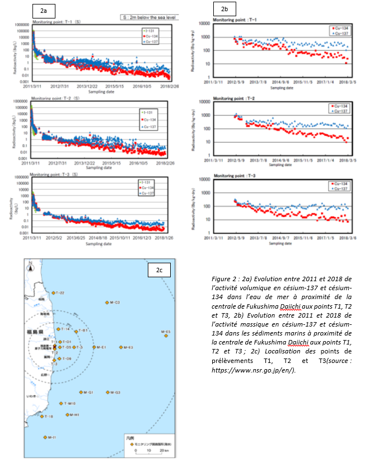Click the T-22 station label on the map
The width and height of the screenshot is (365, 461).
[x=59, y=293]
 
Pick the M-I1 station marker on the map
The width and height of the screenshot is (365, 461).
[x=46, y=437]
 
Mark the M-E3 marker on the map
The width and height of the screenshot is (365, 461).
[x=121, y=347]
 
